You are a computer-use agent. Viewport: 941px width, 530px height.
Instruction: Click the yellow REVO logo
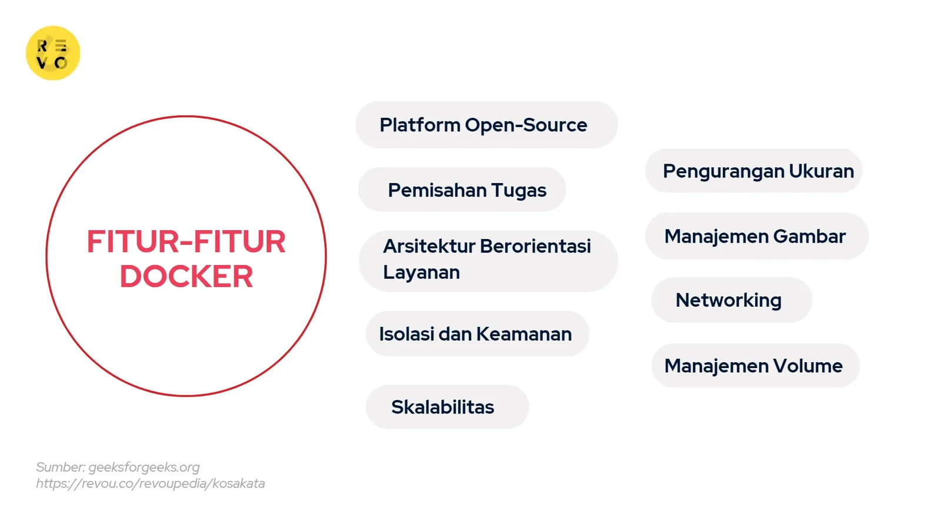53,53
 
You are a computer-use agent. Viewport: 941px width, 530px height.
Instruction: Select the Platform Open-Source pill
486,125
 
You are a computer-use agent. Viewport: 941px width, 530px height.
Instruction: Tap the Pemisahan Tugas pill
462,190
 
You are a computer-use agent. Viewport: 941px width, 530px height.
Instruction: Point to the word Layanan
421,273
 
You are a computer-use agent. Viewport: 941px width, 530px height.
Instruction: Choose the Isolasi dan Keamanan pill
477,334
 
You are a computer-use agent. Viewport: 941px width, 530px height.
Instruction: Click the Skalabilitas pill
447,407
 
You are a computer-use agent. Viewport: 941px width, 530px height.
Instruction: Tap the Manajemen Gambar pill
756,236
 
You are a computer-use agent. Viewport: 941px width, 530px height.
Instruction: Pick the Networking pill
731,300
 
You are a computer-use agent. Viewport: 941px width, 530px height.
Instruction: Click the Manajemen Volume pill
755,366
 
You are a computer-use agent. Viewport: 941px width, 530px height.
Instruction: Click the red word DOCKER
186,277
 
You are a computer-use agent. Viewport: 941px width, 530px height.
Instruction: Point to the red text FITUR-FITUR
186,242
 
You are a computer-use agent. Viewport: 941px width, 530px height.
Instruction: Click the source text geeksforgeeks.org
144,467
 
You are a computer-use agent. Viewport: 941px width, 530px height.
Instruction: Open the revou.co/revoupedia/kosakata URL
151,483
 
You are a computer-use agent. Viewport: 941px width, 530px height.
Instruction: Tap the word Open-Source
526,125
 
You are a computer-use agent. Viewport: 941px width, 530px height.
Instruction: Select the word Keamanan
523,334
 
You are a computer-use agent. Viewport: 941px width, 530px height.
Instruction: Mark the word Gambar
809,236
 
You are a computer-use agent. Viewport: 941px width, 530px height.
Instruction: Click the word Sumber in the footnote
60,467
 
